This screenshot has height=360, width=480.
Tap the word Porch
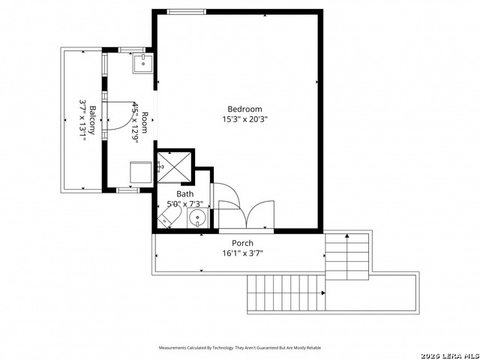(x=241, y=243)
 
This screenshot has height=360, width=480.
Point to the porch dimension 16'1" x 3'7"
(x=241, y=253)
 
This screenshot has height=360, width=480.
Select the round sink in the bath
(x=196, y=219)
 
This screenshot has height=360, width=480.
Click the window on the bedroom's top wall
(x=186, y=11)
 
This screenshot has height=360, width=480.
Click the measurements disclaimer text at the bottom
(x=239, y=348)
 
